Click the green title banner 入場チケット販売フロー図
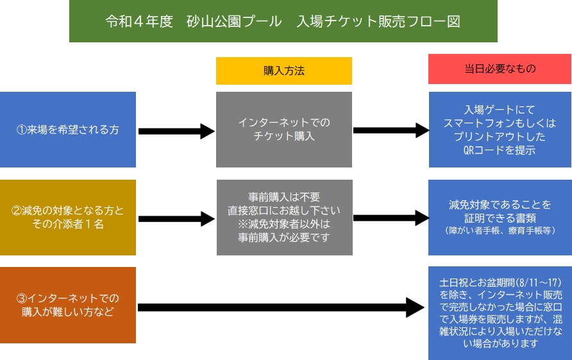[283, 21]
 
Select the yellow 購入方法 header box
[284, 71]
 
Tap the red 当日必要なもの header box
[500, 69]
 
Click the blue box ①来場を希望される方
[68, 130]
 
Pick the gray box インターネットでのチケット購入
[284, 130]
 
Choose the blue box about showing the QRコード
[500, 130]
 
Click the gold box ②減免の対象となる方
[68, 218]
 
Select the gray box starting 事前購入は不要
[285, 218]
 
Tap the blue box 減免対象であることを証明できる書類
[500, 218]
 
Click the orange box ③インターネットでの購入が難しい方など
[68, 305]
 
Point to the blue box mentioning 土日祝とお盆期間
[500, 313]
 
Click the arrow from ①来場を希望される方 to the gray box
[176, 132]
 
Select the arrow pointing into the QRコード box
[391, 130]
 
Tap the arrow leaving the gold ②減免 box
[176, 219]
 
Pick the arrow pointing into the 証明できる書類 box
[391, 218]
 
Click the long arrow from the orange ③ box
[281, 307]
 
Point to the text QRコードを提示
[500, 150]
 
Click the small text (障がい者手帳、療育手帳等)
[500, 230]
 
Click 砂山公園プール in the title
[234, 21]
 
